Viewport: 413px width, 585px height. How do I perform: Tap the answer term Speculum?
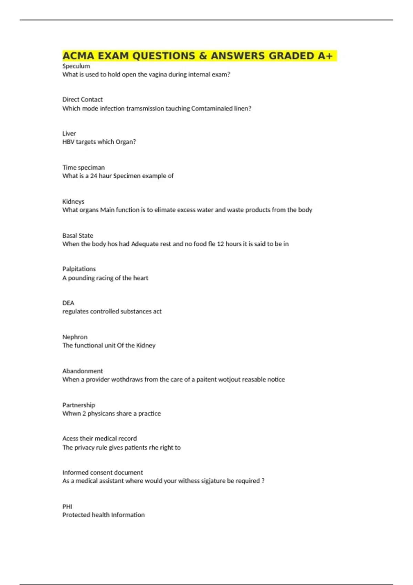tap(76, 66)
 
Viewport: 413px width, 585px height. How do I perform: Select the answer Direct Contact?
tap(82, 99)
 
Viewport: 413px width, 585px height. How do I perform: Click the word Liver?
tap(69, 134)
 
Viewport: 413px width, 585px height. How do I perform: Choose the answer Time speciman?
tap(83, 168)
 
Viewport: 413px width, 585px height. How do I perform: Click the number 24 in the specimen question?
tap(94, 176)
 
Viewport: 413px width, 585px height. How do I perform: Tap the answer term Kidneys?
tap(73, 202)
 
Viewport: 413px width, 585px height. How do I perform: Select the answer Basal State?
tap(77, 236)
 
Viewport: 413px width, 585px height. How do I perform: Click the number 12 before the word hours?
tap(220, 244)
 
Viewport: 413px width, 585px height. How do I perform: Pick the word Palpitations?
tap(79, 269)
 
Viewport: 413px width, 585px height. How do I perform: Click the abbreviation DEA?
tap(68, 303)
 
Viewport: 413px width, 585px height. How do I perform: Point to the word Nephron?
tap(75, 337)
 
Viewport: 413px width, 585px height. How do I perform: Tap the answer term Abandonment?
tap(82, 371)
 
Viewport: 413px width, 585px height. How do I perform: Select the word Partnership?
tap(78, 405)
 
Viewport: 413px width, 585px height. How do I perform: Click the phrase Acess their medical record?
tap(99, 438)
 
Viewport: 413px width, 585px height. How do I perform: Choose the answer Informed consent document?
tap(102, 472)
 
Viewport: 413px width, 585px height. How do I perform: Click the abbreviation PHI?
tap(67, 507)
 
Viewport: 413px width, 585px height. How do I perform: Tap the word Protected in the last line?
tap(76, 515)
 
